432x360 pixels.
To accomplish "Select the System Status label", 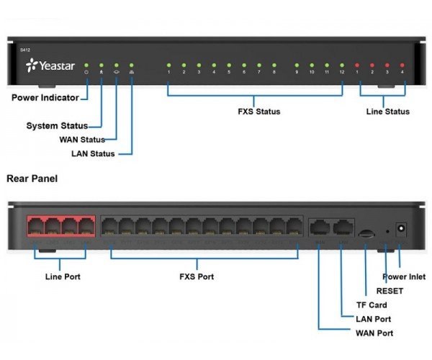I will pos(57,126).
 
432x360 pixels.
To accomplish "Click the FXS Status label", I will pos(258,112).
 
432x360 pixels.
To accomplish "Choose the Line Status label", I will pos(387,112).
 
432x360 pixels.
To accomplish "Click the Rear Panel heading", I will pos(33,177).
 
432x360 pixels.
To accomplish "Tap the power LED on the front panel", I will pos(86,65).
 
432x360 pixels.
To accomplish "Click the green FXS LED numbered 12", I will pos(342,65).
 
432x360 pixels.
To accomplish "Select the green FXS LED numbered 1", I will pos(168,65).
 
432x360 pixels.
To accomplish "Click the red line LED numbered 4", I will pos(402,65).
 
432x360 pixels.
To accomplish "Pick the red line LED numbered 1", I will pos(357,65).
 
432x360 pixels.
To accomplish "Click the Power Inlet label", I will pos(404,276).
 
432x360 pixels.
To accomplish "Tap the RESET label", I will pos(390,291).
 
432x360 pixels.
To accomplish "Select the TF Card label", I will pos(372,305).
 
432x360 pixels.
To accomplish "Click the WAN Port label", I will pos(374,333).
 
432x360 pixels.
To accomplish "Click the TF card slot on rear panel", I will pos(366,233).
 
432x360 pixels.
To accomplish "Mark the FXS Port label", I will pos(196,276).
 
